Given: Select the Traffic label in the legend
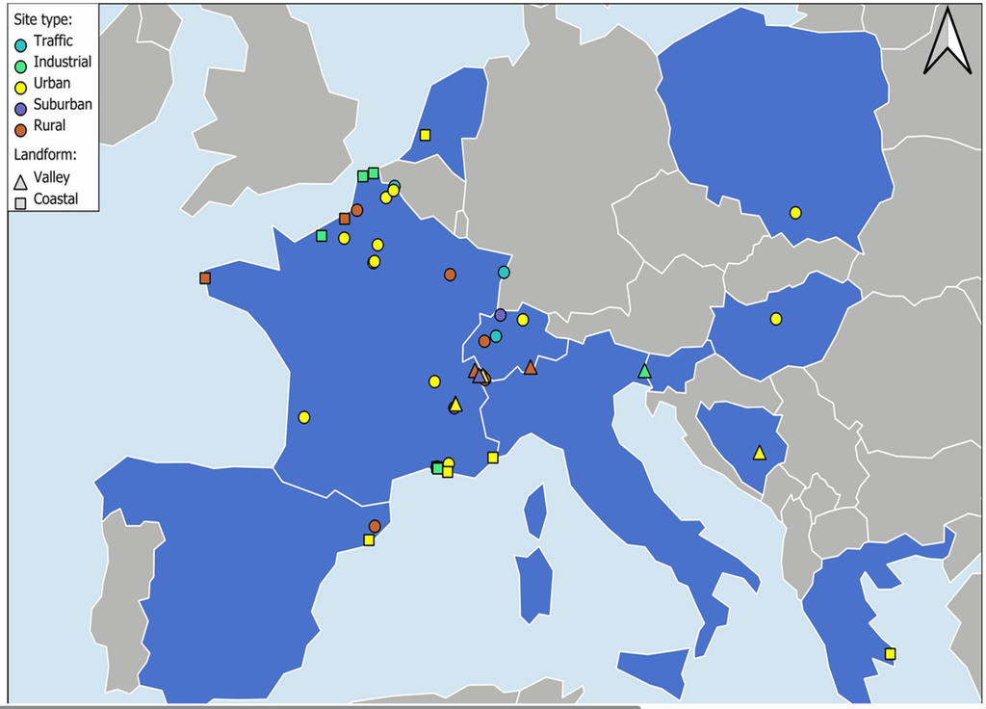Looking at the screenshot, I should click(53, 40).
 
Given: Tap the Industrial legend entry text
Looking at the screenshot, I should click(63, 62).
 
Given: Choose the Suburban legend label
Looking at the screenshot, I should click(63, 104).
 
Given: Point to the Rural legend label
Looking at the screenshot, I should click(50, 125).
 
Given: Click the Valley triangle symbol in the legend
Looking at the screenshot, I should click(19, 179).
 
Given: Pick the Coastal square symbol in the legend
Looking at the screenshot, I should click(19, 201).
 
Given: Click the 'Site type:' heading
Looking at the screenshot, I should click(42, 18).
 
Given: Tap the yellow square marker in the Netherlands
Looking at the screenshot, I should click(425, 135).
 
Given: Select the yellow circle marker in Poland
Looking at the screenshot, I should click(795, 212).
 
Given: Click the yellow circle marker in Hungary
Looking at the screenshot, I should click(775, 319).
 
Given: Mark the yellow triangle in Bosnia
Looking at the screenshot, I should click(759, 452).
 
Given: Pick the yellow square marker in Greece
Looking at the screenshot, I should click(890, 653).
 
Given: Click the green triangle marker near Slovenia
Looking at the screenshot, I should click(644, 371).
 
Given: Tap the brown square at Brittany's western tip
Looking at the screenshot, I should click(205, 277).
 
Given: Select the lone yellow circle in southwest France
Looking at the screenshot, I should click(304, 417).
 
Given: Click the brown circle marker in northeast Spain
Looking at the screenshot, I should click(375, 526).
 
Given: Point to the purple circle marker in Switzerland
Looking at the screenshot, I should click(500, 315).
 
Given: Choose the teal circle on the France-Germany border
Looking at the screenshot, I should click(504, 273).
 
